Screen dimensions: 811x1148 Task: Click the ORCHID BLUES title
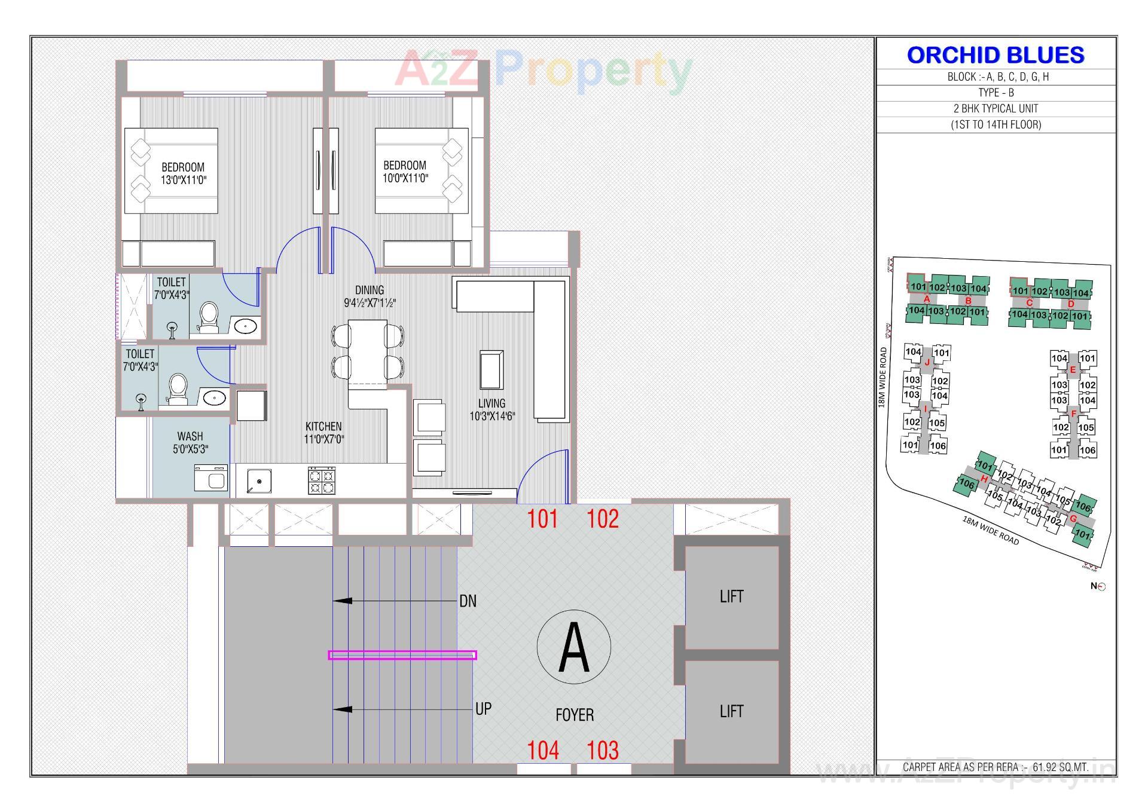[996, 55]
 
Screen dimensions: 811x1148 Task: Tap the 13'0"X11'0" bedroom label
[183, 174]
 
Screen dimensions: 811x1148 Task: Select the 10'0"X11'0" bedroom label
[405, 172]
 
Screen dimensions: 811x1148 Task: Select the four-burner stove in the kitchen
[322, 481]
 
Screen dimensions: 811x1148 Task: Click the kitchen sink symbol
[259, 481]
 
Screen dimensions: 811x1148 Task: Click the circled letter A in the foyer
[573, 647]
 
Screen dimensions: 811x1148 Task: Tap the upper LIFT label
[731, 596]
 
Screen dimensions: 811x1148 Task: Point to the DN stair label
[468, 601]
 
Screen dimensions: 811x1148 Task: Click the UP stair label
[483, 709]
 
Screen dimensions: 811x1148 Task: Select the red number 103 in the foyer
[602, 751]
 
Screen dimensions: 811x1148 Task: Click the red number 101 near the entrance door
[542, 519]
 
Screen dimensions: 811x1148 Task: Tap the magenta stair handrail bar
[402, 655]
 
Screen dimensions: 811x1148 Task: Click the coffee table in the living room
[491, 370]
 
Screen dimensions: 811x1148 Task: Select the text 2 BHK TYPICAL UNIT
[996, 109]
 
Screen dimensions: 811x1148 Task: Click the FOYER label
[574, 715]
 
